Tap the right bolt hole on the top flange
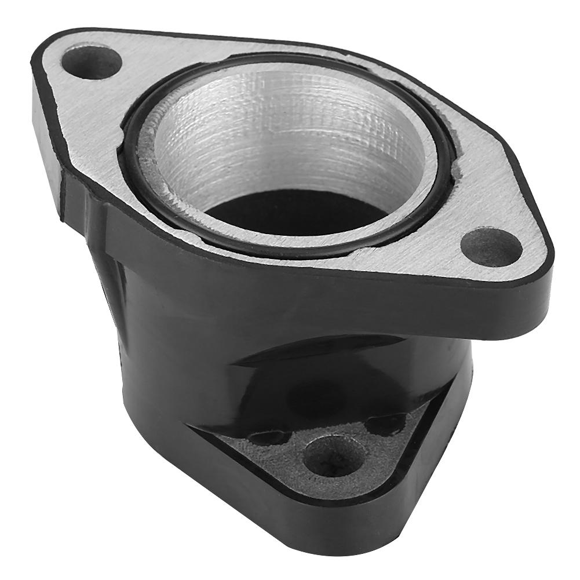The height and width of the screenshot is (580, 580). tap(491, 246)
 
